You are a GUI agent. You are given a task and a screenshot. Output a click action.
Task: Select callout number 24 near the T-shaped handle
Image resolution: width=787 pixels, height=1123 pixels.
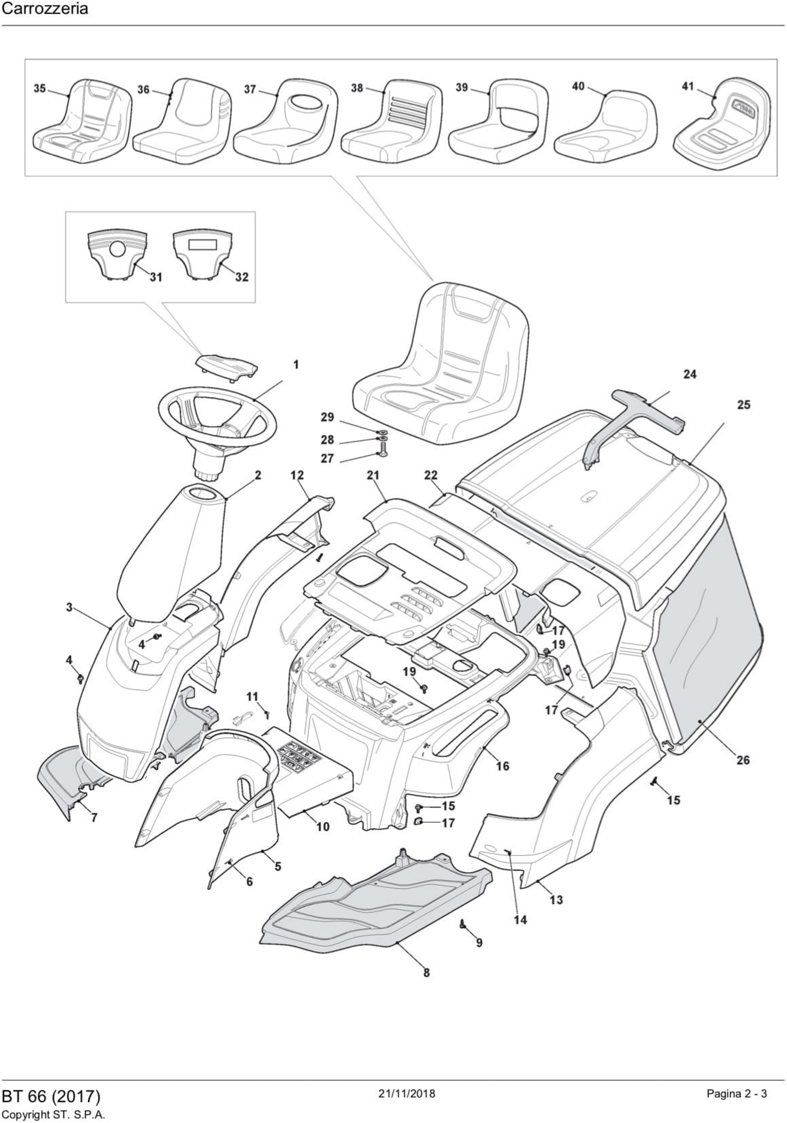(x=690, y=375)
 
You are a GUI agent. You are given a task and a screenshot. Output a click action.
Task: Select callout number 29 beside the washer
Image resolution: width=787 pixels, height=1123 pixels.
(x=327, y=417)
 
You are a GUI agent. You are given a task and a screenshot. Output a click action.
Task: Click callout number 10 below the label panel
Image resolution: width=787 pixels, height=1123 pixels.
(x=323, y=827)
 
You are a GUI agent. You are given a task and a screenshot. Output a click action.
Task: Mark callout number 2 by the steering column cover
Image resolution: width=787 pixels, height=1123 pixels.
(x=258, y=475)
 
